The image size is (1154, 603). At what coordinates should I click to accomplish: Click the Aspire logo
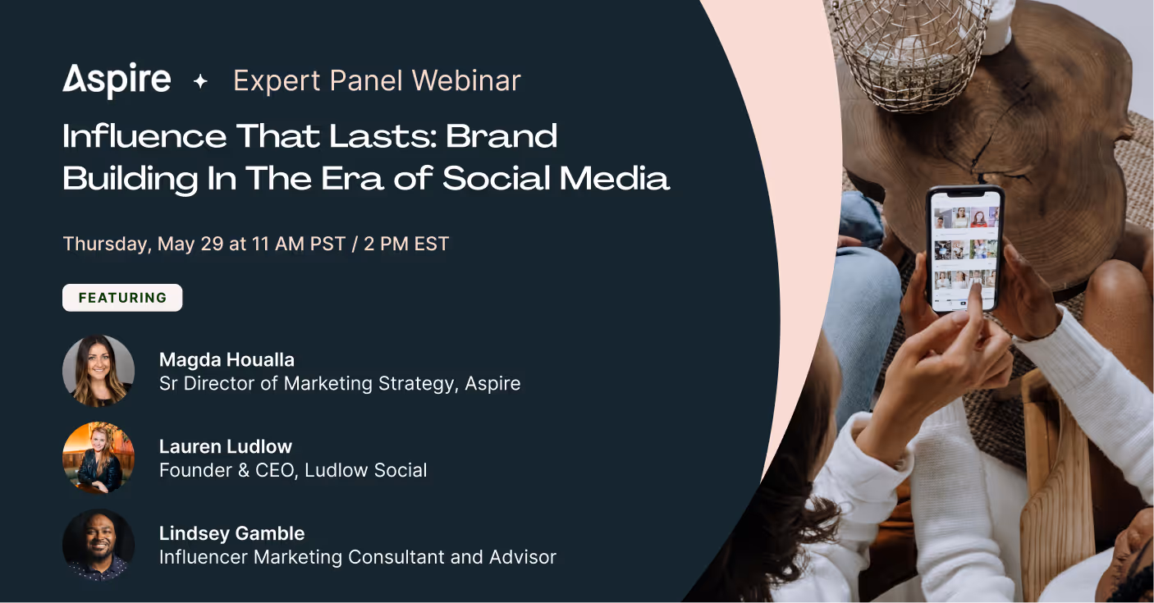point(117,80)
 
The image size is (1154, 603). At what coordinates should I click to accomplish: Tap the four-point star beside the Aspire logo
point(200,81)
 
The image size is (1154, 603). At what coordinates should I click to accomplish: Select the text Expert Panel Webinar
point(377,80)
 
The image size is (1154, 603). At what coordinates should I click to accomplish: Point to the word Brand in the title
point(501,136)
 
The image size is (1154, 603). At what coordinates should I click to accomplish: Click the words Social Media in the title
point(556,178)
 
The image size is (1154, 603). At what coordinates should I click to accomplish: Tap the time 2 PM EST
point(406,244)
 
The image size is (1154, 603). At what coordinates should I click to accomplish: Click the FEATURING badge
point(122,298)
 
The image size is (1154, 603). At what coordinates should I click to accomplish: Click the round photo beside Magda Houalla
point(98,371)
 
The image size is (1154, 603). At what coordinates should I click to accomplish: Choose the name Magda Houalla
point(227,360)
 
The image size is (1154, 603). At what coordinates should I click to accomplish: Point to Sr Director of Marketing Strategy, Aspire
point(340,383)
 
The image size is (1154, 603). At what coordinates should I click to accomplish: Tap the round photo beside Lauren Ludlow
point(98,458)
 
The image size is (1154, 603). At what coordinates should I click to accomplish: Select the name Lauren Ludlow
point(226,447)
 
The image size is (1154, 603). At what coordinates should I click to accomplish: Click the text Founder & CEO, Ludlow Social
point(293,470)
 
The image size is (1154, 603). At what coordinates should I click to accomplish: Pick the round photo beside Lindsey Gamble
point(98,545)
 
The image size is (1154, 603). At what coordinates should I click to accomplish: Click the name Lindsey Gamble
point(231,533)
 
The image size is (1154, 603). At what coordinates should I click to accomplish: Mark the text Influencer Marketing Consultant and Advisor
point(357,557)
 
